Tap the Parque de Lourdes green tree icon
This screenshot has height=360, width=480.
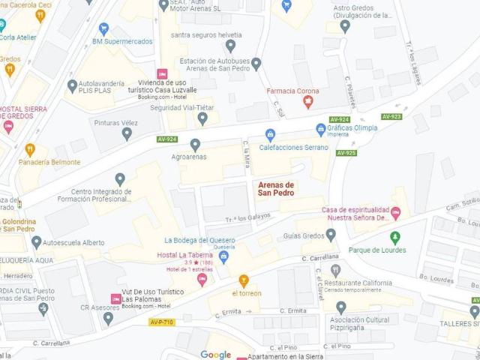pyautogui.click(x=395, y=238)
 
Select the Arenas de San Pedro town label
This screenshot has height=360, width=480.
pyautogui.click(x=276, y=189)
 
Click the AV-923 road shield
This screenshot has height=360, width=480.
pyautogui.click(x=391, y=116)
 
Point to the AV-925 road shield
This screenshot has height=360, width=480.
pyautogui.click(x=346, y=153)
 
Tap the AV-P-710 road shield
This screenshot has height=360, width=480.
pyautogui.click(x=161, y=322)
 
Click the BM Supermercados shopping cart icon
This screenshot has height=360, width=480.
pyautogui.click(x=103, y=28)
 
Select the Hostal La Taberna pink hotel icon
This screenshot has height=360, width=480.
pyautogui.click(x=201, y=279)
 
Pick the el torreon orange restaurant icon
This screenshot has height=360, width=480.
pyautogui.click(x=244, y=280)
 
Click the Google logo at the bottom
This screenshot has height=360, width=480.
pyautogui.click(x=215, y=355)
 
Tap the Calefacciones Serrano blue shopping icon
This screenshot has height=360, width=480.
pyautogui.click(x=271, y=135)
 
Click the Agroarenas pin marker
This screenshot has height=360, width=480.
pyautogui.click(x=195, y=145)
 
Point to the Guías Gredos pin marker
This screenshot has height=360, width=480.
pyautogui.click(x=331, y=235)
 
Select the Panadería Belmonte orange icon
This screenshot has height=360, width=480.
pyautogui.click(x=30, y=149)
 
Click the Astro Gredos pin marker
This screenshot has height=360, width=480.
pyautogui.click(x=345, y=26)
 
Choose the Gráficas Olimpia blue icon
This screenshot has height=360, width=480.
pyautogui.click(x=321, y=128)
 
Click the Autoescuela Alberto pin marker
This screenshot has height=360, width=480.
pyautogui.click(x=37, y=242)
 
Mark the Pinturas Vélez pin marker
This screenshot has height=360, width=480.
pyautogui.click(x=127, y=133)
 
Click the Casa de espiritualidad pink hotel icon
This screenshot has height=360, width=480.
pyautogui.click(x=396, y=213)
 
